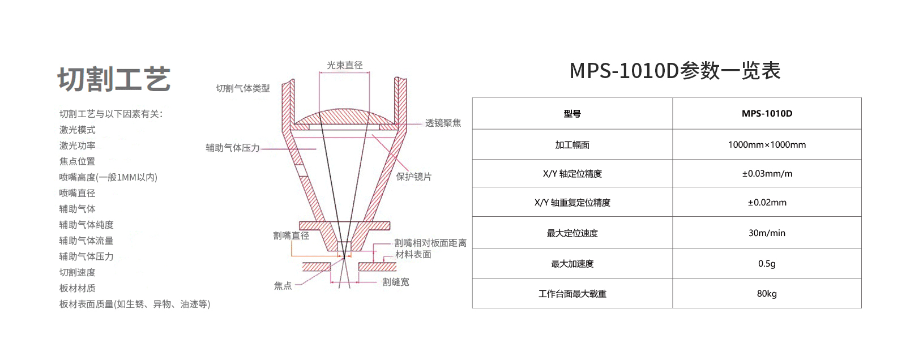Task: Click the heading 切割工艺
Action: click(x=114, y=79)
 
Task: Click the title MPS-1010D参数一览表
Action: click(x=674, y=71)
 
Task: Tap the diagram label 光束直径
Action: click(x=345, y=65)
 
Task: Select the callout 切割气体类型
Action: click(x=243, y=88)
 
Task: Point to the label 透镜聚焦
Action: click(x=443, y=123)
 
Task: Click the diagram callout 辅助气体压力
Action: click(x=233, y=148)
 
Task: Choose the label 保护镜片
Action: click(x=414, y=177)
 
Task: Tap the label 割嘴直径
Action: click(x=291, y=235)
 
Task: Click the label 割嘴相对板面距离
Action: click(x=430, y=243)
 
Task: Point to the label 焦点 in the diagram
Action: click(x=283, y=286)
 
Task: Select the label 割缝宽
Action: click(x=396, y=282)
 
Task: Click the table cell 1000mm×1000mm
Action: click(x=767, y=145)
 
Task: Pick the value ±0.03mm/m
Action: click(x=767, y=174)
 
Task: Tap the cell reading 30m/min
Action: click(x=767, y=233)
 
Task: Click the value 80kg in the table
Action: click(x=767, y=294)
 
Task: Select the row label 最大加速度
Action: click(x=572, y=264)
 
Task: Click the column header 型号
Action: click(x=572, y=114)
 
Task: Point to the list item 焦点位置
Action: click(x=77, y=161)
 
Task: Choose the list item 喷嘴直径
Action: click(x=77, y=193)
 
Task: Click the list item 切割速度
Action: click(x=77, y=272)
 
